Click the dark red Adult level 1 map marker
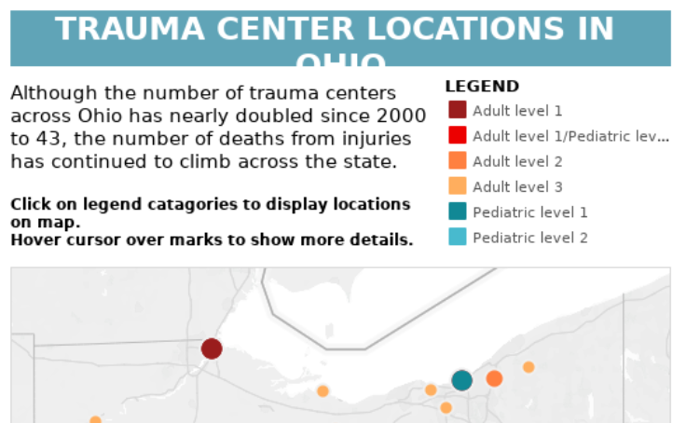[212, 348]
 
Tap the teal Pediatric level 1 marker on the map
[462, 380]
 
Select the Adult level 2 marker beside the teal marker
[494, 378]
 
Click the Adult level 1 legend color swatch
[457, 111]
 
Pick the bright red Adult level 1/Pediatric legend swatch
[457, 136]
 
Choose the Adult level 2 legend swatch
[457, 161]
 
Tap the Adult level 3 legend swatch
[457, 186]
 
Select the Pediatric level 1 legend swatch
[457, 211]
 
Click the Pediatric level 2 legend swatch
[457, 238]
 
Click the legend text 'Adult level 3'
[517, 186]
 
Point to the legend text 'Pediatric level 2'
[530, 238]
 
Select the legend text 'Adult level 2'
[517, 161]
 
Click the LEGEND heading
[482, 87]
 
